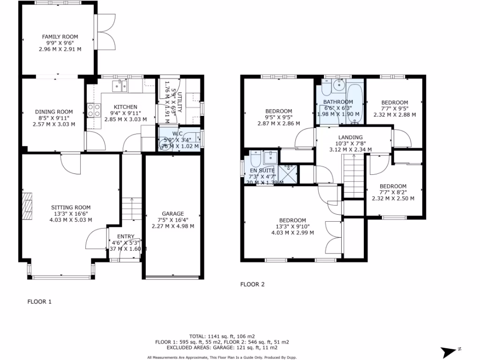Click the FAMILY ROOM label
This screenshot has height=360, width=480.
click(x=60, y=37)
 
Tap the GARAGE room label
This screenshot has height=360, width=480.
click(x=173, y=214)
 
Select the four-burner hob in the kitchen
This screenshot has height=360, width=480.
click(x=93, y=110)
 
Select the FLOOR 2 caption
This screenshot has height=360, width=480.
click(x=253, y=284)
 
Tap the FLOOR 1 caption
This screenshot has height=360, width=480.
click(x=39, y=302)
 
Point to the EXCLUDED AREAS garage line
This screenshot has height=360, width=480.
click(x=222, y=348)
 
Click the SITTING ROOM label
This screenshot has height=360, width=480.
click(x=71, y=208)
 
